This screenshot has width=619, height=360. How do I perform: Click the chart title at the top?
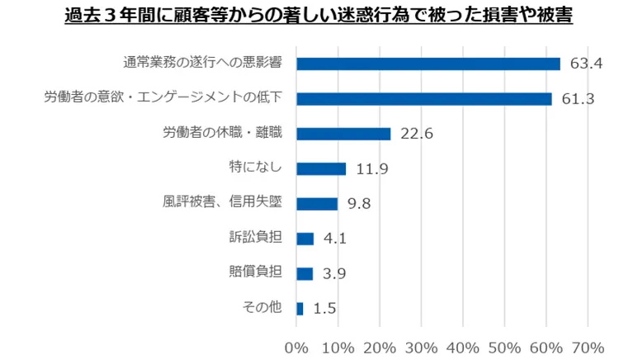coord(318,17)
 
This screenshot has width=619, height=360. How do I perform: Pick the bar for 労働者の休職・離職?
coord(343,134)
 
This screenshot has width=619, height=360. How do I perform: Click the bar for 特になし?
coord(320,168)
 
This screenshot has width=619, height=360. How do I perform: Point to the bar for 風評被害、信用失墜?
coord(316,203)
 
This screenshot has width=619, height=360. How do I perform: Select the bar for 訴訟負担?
coord(305,239)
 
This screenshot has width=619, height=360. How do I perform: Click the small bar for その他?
coord(300,308)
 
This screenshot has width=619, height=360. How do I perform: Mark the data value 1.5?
coord(325,308)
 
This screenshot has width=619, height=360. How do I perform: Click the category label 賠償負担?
coord(255,272)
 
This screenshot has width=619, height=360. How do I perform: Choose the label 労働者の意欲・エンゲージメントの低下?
coord(163,97)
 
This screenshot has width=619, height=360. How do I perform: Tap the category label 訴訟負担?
coord(255,237)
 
